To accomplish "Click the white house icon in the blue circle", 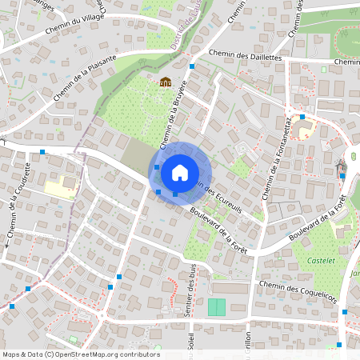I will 180,172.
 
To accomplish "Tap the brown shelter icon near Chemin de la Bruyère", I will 166,82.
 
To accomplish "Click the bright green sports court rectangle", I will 217,307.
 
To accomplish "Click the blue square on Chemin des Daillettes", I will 192,66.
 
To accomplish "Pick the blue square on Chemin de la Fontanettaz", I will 302,117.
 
